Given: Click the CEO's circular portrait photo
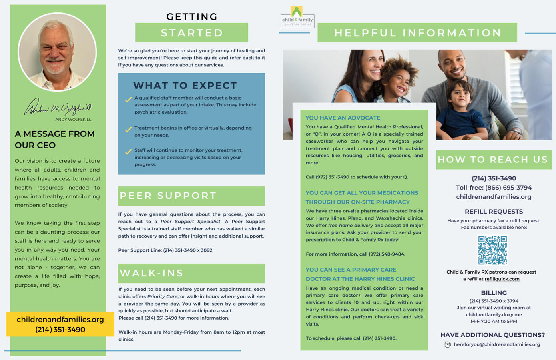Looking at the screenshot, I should tap(57, 52).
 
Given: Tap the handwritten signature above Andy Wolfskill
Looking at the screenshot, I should tap(58, 107).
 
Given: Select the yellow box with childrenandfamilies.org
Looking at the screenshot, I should tap(60, 324).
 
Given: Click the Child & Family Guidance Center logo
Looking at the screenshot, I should tap(297, 17).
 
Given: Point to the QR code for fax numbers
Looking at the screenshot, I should tap(493, 250).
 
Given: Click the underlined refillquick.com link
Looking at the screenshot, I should tap(502, 279).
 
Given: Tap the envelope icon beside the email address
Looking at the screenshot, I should tap(448, 344).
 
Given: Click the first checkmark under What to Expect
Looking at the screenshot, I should tap(128, 99).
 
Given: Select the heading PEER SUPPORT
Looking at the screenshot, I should tap(168, 196).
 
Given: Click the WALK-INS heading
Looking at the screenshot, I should tap(152, 273).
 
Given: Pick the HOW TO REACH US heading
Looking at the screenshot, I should tap(493, 160).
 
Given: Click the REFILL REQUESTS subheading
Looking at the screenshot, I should tap(494, 212).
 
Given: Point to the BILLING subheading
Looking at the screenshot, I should tap(494, 293).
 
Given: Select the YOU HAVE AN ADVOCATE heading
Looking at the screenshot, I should tap(343, 118).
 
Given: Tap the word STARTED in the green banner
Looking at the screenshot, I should tap(192, 33).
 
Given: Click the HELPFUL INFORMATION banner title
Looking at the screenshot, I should tap(418, 33).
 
